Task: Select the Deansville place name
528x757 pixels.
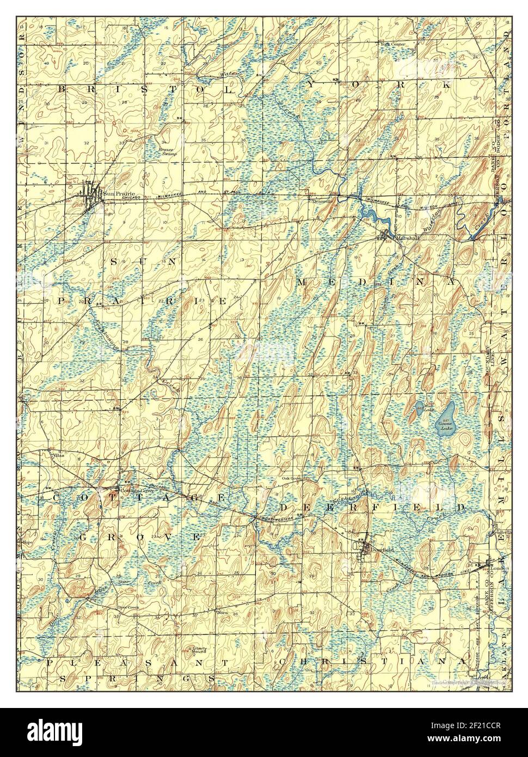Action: click(321, 200)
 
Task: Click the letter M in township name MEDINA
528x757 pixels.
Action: click(303, 282)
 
